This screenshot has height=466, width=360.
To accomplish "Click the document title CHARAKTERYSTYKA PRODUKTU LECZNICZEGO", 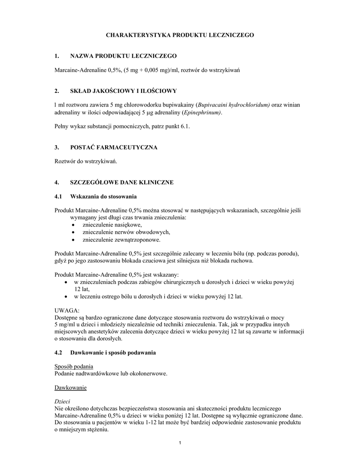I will pos(180,35).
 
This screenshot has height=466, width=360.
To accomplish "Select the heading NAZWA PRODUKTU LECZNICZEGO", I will pos(123,56).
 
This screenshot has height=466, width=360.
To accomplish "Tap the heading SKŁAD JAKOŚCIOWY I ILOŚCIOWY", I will pos(123,91).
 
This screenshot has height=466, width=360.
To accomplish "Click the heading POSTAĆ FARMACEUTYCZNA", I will pos(113,147).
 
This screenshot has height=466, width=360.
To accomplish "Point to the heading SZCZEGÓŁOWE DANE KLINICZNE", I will pos(122,182).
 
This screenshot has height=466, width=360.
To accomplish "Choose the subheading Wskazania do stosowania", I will pos(103,197).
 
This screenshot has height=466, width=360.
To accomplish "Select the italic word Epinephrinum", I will pos(201,112).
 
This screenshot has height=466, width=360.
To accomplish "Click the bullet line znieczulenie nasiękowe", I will pos(112,225).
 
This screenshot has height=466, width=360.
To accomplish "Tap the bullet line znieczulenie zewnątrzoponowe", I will pos(121,239).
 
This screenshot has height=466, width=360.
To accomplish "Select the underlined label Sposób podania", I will pos(74,366).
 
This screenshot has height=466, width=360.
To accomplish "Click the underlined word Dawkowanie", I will pos(70,388).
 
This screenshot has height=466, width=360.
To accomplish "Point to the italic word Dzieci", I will pos(61,402).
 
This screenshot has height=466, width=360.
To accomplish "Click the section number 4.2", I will pos(58,353).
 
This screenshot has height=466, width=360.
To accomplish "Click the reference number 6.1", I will pos(184,127).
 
